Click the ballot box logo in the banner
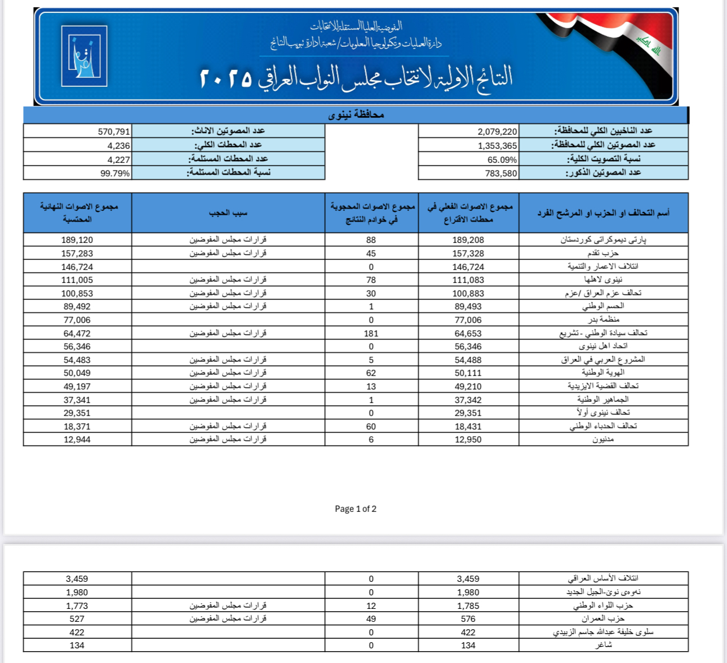coord(84,56)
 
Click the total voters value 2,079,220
coord(497,131)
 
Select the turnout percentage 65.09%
coord(502,160)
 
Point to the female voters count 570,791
coord(114,131)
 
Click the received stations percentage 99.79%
coord(115,174)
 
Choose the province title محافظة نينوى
coord(356,115)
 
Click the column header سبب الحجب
coord(228,213)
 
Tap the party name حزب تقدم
coord(602,254)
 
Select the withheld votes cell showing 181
coord(371,334)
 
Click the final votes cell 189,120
coord(77,240)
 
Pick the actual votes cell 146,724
coord(468,267)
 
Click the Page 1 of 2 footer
coord(356,509)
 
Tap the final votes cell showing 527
coord(77,619)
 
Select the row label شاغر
coord(604,646)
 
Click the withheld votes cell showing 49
coord(371,619)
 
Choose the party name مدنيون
coord(603,440)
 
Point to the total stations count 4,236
coord(118,145)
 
